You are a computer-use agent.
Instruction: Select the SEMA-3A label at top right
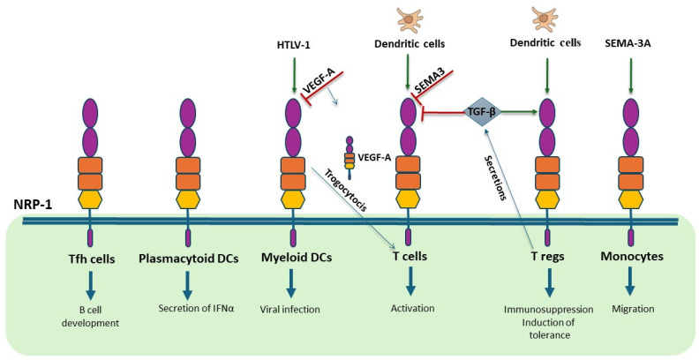(629, 43)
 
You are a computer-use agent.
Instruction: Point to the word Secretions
(494, 176)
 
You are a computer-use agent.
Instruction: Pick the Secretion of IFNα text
(187, 310)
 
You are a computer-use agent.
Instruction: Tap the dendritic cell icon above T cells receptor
(408, 19)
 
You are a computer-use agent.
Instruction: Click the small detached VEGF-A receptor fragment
(350, 154)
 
